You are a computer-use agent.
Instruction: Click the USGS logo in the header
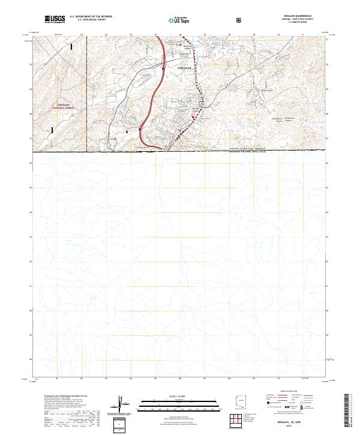tap(55, 19)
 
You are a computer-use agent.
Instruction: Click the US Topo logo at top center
tap(175, 20)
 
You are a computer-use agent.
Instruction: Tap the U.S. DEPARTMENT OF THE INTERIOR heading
tap(91, 17)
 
